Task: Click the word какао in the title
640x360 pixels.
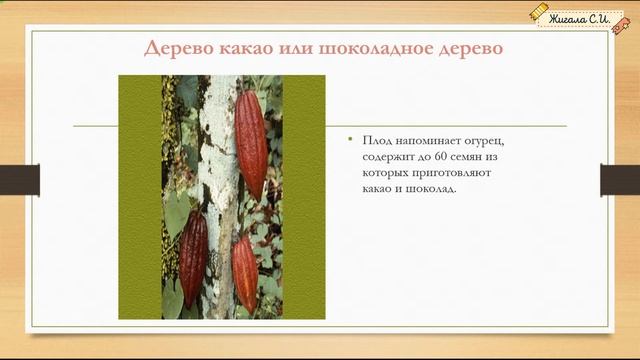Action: point(244,49)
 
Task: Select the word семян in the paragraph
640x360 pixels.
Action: point(468,158)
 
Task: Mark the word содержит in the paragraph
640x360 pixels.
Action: point(389,158)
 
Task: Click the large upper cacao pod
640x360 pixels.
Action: point(251,143)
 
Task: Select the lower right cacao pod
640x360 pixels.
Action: point(245,274)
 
